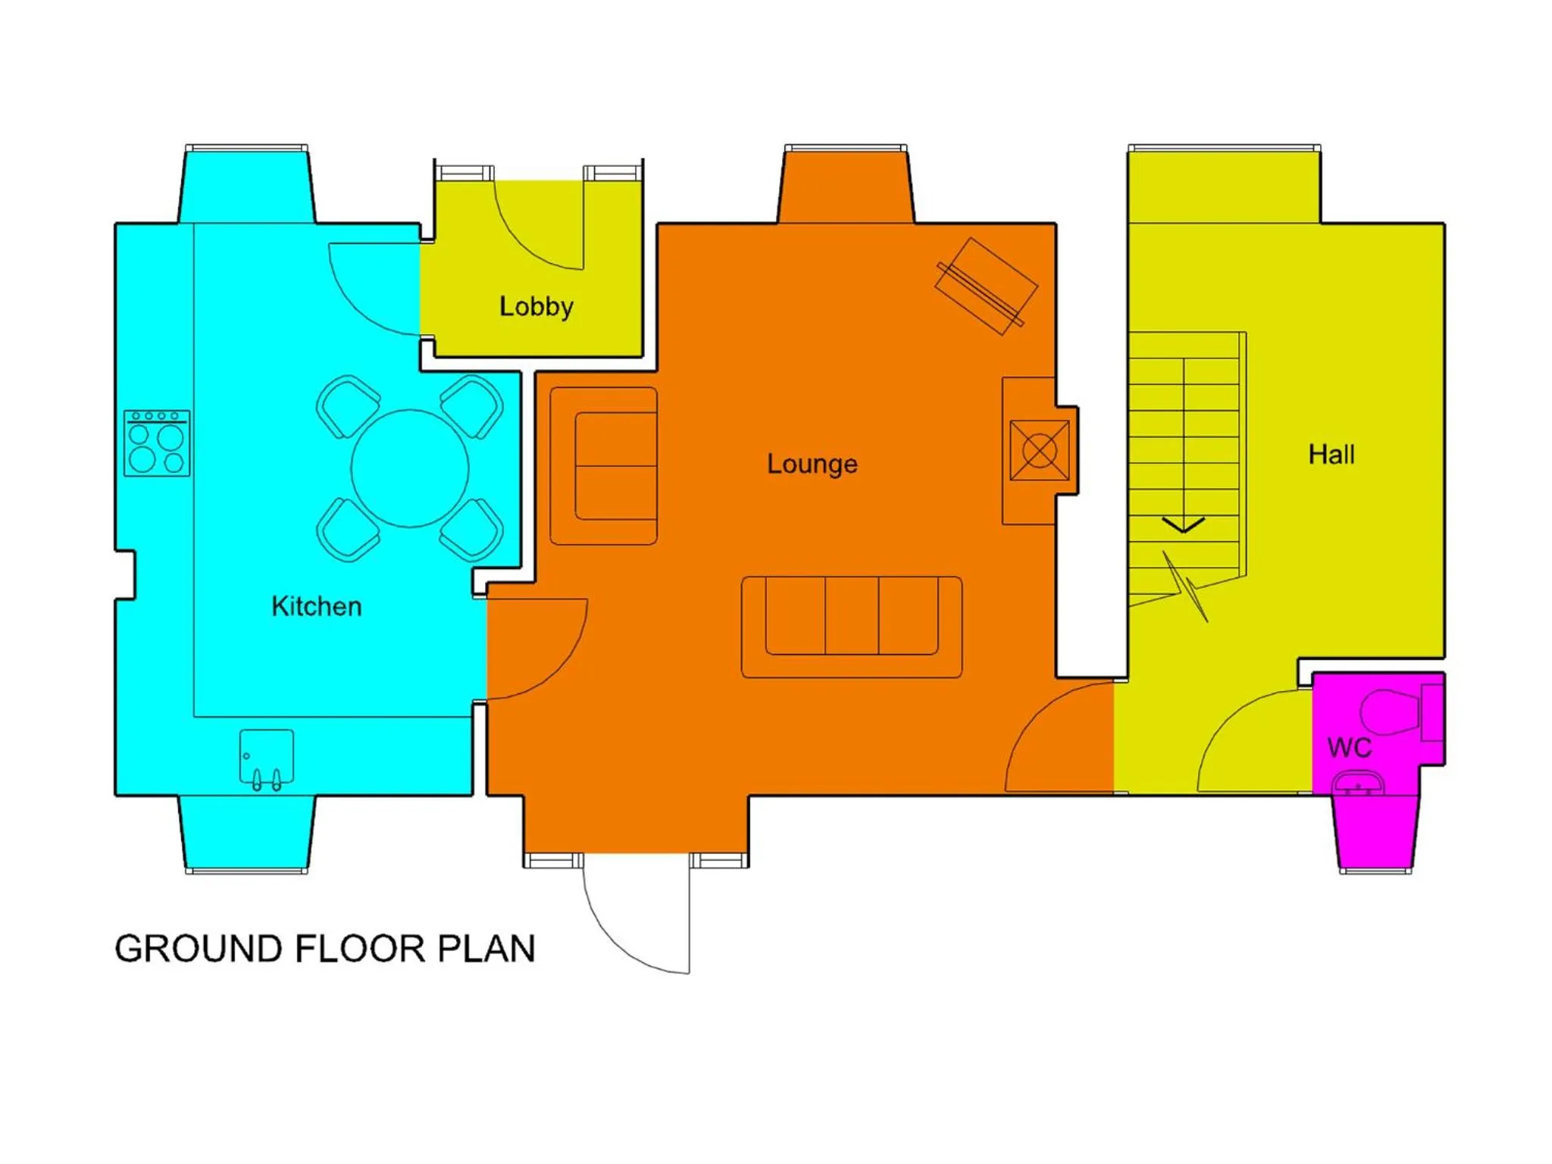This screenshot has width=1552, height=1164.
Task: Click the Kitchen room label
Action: click(x=316, y=606)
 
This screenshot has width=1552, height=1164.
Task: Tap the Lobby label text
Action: click(x=536, y=306)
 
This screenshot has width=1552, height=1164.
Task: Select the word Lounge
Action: click(x=812, y=463)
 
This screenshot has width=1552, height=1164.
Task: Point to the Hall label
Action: click(x=1331, y=454)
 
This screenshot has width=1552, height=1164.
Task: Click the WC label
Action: click(x=1349, y=747)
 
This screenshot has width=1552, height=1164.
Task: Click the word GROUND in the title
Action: click(x=198, y=949)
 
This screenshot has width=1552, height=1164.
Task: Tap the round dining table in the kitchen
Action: click(x=409, y=468)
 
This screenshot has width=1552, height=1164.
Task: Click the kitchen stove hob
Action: click(x=157, y=443)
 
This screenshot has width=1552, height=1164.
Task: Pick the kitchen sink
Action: click(x=267, y=758)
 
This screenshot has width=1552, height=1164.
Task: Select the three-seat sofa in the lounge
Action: click(x=852, y=626)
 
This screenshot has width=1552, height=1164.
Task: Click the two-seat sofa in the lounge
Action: click(x=604, y=465)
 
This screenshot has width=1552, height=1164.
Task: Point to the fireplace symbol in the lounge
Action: click(x=1039, y=451)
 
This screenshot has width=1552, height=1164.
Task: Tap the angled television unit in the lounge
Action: click(x=985, y=286)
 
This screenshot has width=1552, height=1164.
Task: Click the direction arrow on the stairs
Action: click(x=1183, y=524)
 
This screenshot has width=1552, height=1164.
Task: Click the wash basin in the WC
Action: click(x=1358, y=783)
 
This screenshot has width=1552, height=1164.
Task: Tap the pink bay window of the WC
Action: click(x=1375, y=834)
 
